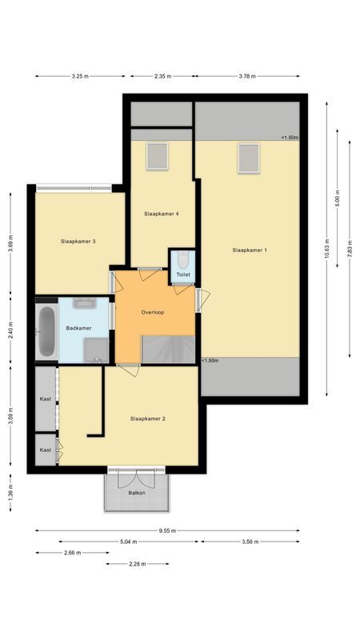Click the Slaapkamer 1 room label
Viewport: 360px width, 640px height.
click(250, 250)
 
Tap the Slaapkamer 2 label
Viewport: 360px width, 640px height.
click(147, 418)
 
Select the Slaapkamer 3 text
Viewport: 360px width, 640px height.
click(78, 241)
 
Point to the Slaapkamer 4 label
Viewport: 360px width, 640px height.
click(161, 214)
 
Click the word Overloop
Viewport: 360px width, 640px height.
click(152, 312)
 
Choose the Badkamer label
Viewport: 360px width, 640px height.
click(78, 328)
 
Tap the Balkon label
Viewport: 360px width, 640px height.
click(137, 493)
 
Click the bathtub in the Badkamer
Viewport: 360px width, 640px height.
click(46, 331)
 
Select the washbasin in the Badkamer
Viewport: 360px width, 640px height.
click(83, 304)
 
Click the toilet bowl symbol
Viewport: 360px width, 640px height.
click(182, 260)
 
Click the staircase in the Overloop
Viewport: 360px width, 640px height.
click(166, 350)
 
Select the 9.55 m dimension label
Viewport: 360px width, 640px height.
click(167, 530)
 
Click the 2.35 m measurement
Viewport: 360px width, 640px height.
click(164, 76)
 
